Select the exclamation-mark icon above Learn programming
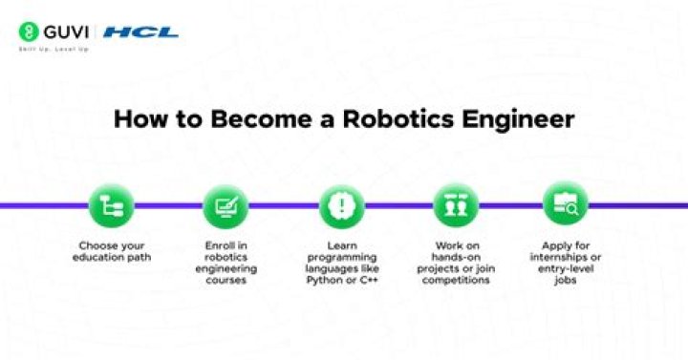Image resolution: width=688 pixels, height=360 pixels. pos(339,204)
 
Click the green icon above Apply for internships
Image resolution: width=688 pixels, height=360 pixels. pos(566,204)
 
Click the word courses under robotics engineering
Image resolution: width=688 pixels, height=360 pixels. pos(226,282)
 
